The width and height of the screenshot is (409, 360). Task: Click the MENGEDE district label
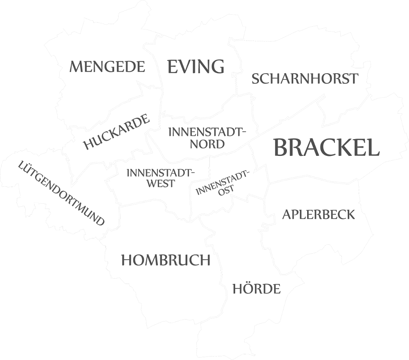click(107, 66)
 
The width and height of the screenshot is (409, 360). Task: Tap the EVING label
click(196, 66)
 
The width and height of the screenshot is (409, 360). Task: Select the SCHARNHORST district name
click(305, 79)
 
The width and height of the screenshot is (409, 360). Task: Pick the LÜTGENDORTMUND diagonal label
click(62, 193)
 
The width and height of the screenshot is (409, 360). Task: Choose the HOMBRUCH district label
click(166, 260)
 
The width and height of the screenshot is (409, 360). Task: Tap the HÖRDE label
click(256, 289)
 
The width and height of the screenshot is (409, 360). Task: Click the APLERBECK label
click(319, 214)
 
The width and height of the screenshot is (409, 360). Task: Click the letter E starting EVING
click(173, 66)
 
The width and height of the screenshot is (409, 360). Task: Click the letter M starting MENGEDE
click(76, 66)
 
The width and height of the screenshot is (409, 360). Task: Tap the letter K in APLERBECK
click(350, 214)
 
